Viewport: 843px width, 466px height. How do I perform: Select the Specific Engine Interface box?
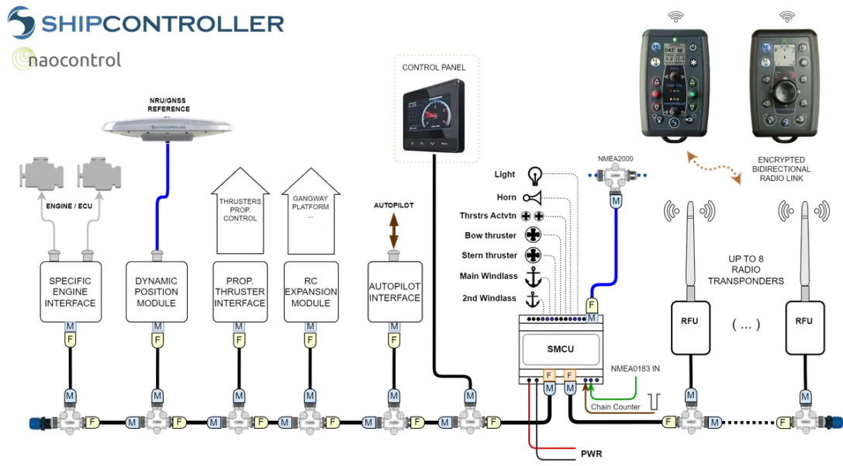(71, 292)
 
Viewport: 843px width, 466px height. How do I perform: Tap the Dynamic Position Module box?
(157, 292)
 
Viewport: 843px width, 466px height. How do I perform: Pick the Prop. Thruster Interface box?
(240, 292)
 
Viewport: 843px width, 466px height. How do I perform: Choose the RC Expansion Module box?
(310, 292)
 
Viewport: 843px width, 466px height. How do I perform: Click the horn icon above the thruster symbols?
(533, 197)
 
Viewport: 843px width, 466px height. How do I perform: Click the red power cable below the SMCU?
(532, 419)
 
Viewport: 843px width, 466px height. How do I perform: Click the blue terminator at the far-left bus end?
(35, 423)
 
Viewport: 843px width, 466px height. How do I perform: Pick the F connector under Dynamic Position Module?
(157, 340)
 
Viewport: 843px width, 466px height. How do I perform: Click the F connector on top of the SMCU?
(591, 305)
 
